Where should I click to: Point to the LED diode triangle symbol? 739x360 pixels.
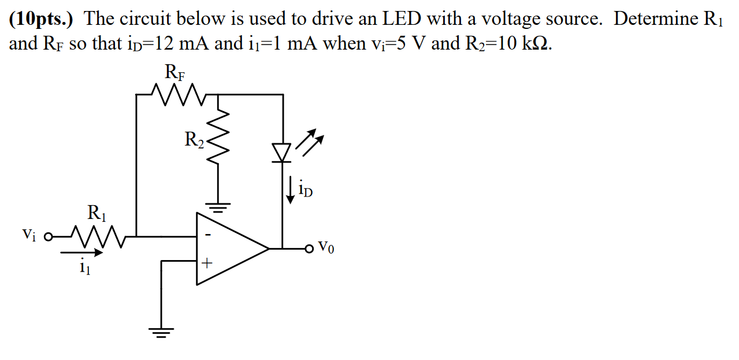283,152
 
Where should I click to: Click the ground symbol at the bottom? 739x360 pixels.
161,332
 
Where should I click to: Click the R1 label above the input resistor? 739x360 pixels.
97,213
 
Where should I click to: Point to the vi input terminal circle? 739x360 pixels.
49,236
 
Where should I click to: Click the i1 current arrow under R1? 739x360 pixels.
81,253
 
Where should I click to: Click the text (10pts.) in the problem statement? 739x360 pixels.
43,19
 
